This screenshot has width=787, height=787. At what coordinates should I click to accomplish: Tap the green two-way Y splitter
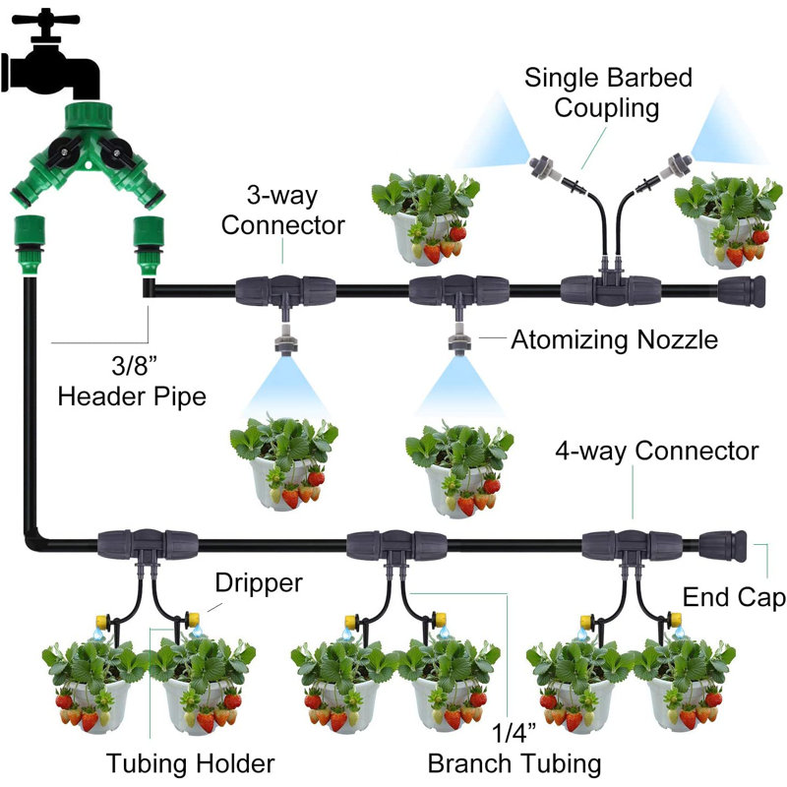pyautogui.click(x=88, y=151)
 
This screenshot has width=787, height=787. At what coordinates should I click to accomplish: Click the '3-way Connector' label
pyautogui.click(x=282, y=211)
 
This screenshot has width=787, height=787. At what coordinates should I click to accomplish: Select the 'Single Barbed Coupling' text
pyautogui.click(x=608, y=92)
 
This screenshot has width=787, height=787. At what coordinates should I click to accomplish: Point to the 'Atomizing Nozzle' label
pyautogui.click(x=614, y=339)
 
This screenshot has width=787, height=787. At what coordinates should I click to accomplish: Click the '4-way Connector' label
pyautogui.click(x=656, y=451)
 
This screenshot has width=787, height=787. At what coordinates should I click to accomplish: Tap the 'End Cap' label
pyautogui.click(x=734, y=597)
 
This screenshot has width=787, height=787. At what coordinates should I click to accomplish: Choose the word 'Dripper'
pyautogui.click(x=259, y=583)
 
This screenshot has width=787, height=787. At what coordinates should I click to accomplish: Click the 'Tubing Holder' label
pyautogui.click(x=190, y=763)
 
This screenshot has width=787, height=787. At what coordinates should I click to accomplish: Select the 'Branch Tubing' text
pyautogui.click(x=515, y=764)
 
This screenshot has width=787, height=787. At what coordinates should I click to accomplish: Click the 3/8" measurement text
pyautogui.click(x=134, y=365)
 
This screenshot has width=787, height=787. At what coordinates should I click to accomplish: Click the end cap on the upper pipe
pyautogui.click(x=742, y=291)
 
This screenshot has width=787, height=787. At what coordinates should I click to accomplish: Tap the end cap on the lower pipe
pyautogui.click(x=722, y=545)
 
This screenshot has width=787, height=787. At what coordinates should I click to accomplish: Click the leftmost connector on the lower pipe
pyautogui.click(x=148, y=545)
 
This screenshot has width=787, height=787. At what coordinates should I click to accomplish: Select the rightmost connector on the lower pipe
pyautogui.click(x=632, y=545)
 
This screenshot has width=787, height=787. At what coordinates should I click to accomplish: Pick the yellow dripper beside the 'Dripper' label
pyautogui.click(x=193, y=619)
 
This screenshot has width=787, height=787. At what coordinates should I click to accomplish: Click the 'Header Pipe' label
pyautogui.click(x=132, y=396)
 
